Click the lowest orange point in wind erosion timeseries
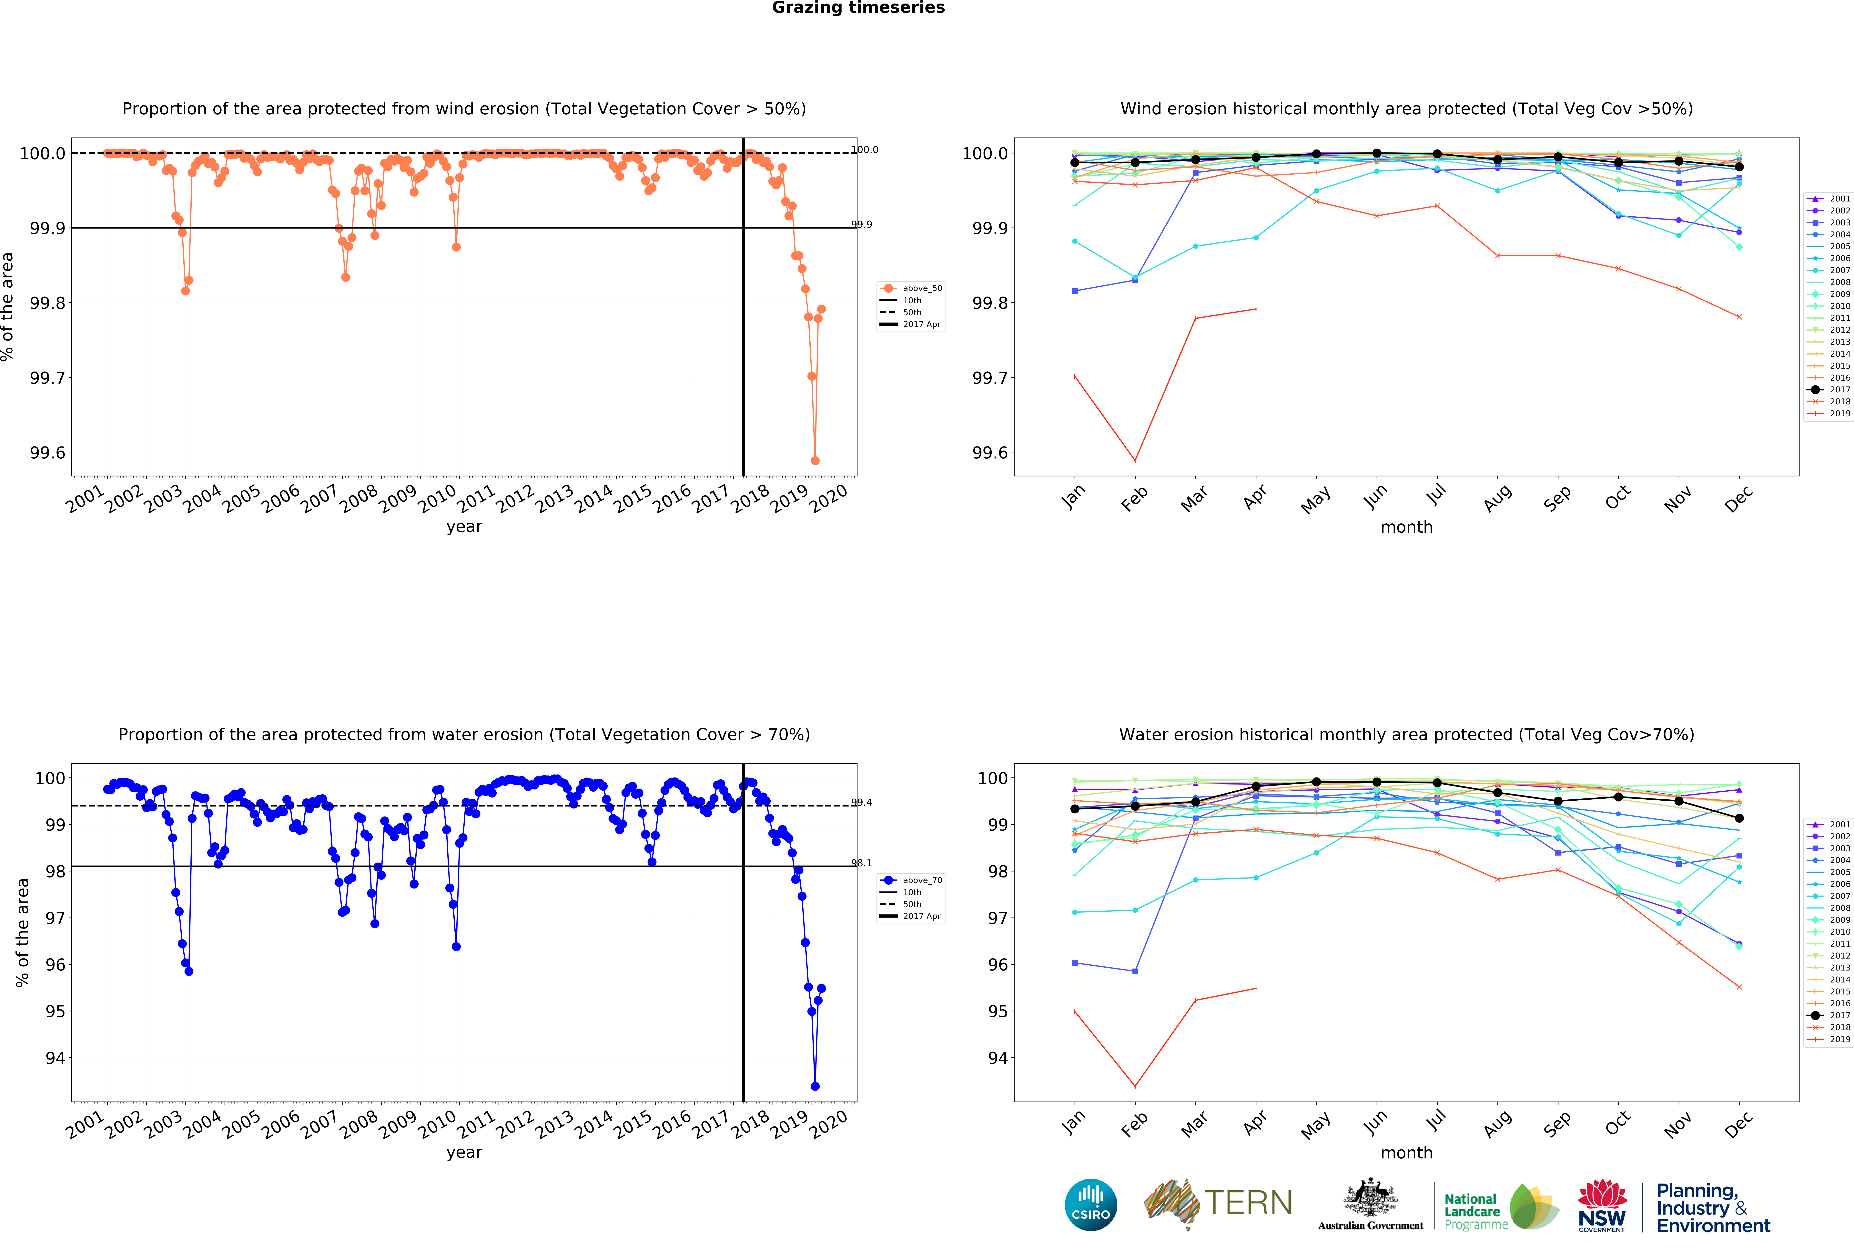[x=815, y=460]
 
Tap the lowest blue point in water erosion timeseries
[x=815, y=1086]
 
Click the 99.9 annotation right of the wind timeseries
[x=862, y=224]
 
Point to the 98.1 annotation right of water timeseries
[x=862, y=863]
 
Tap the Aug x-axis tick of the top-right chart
[x=1497, y=496]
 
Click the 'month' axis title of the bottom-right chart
[x=1406, y=1152]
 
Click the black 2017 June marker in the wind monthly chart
[x=1376, y=153]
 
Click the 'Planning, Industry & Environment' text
[x=1713, y=1207]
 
